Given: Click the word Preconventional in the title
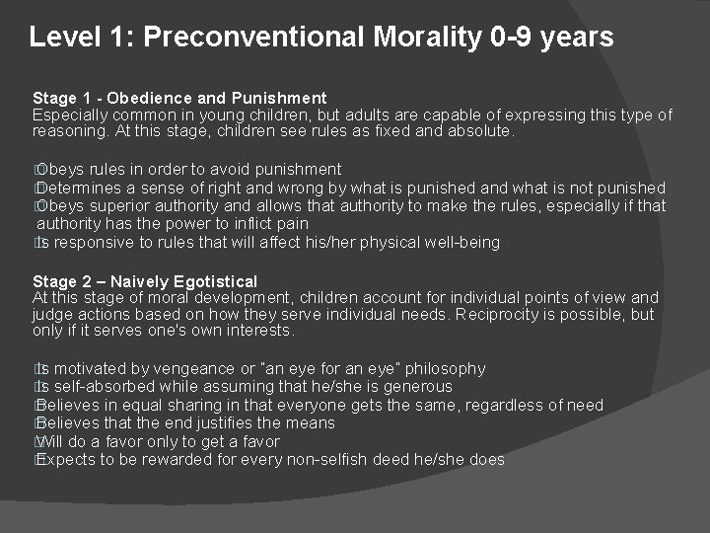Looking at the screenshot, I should pyautogui.click(x=253, y=38).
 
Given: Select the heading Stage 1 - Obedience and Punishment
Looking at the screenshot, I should pyautogui.click(x=179, y=98).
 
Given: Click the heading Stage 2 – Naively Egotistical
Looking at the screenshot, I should pyautogui.click(x=145, y=281).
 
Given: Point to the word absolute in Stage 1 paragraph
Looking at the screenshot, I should pyautogui.click(x=478, y=131).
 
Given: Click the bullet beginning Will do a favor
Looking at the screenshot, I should pyautogui.click(x=158, y=442).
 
